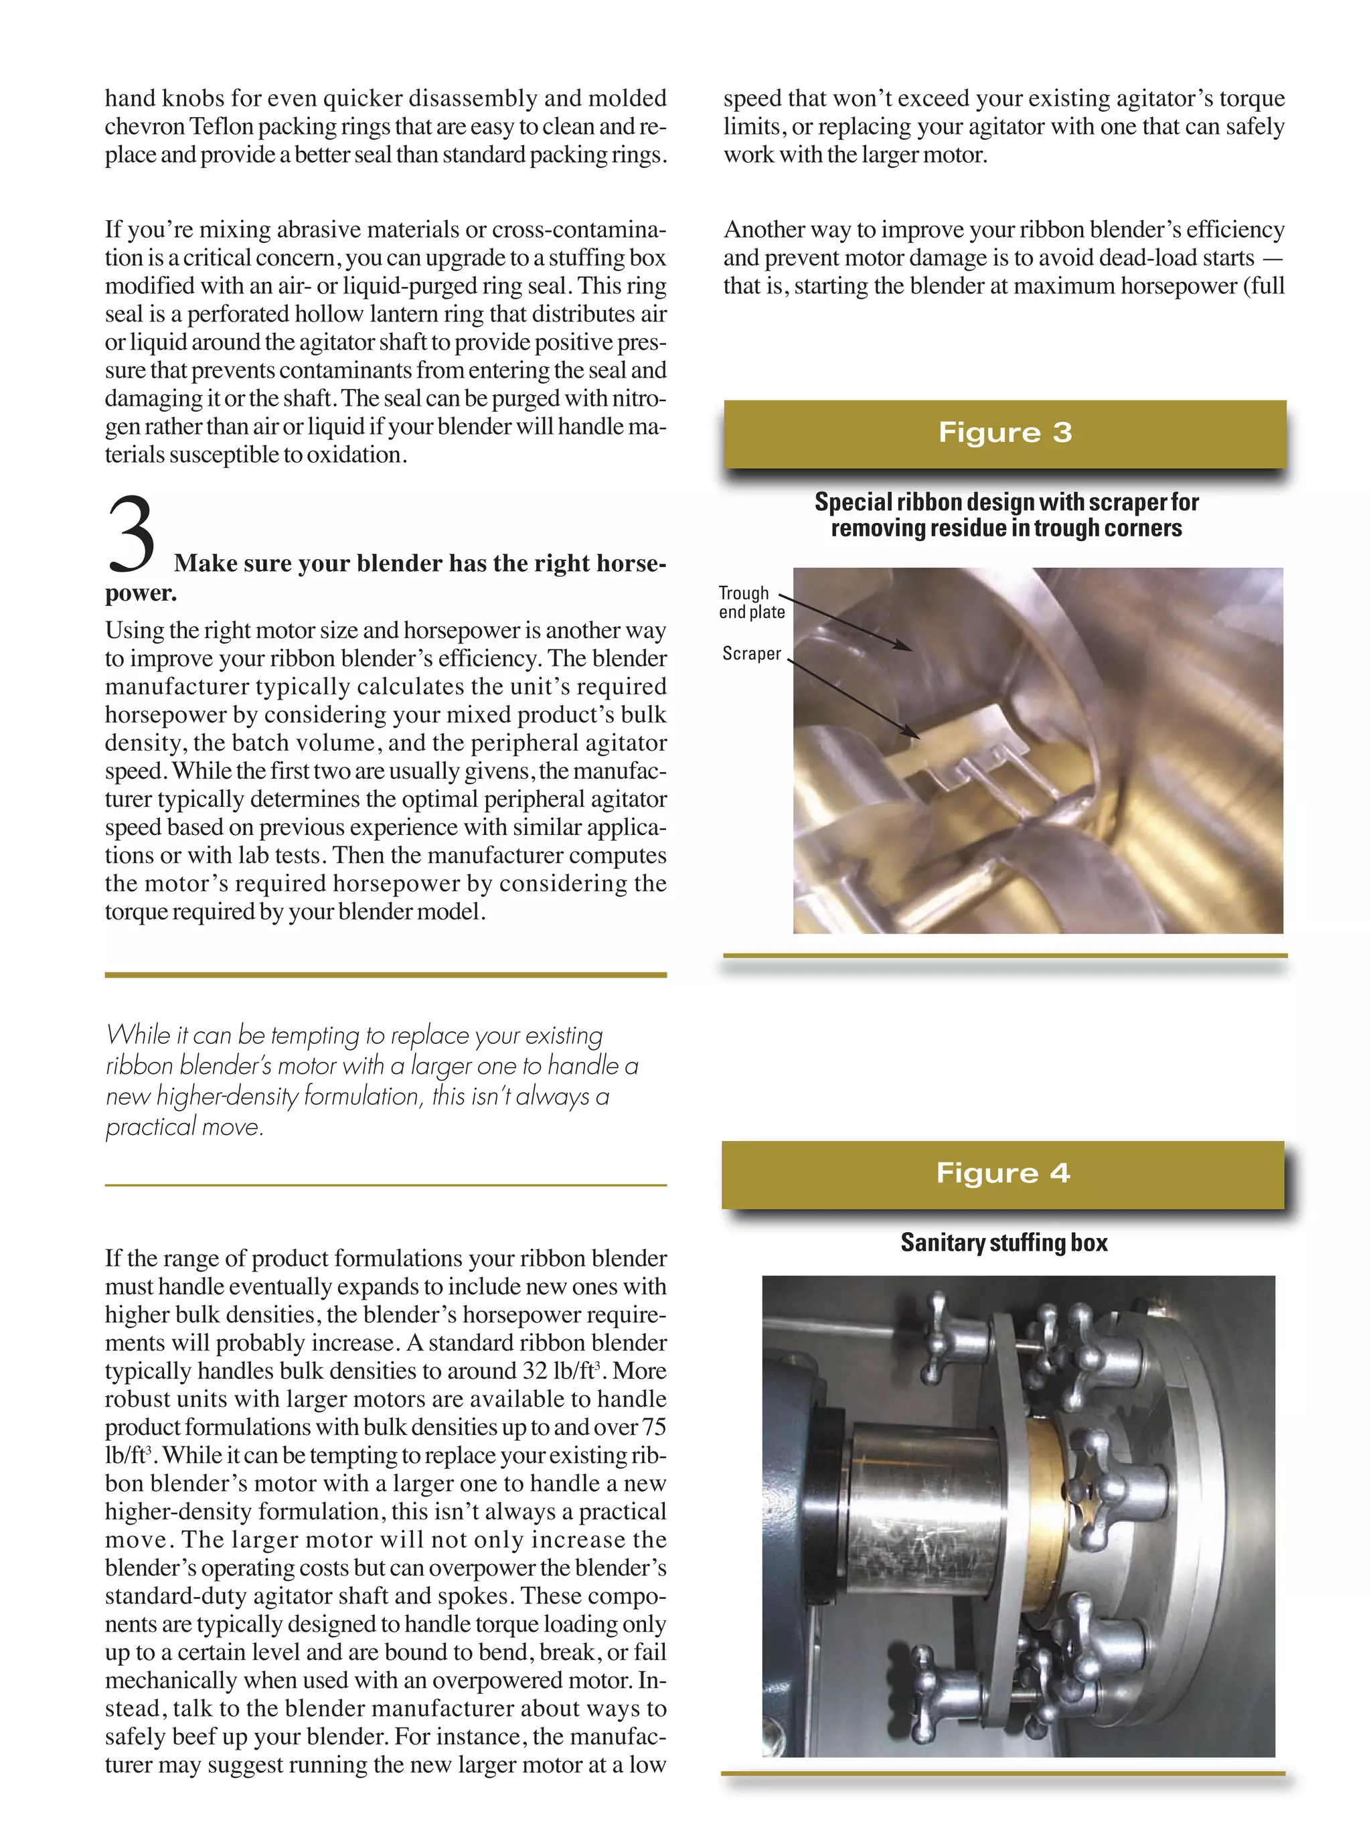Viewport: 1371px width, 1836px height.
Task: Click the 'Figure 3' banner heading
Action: [x=1005, y=433]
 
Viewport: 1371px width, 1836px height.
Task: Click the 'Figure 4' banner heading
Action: [x=1003, y=1173]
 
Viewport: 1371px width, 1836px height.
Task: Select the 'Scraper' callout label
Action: [x=751, y=654]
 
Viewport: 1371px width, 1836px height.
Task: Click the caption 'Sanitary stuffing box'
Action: [x=1003, y=1243]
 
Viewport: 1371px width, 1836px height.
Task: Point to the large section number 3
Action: [x=131, y=536]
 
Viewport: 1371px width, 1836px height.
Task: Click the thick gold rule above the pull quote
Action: [x=385, y=976]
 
